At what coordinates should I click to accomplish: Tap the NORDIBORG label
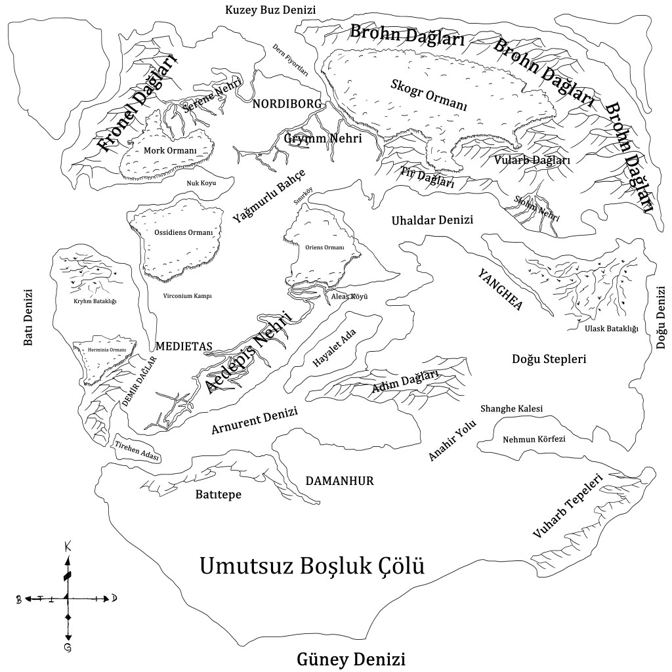[287, 104]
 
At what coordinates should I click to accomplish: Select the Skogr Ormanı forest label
[429, 94]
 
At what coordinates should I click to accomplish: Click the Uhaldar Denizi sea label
[432, 220]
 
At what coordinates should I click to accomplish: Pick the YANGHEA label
[499, 289]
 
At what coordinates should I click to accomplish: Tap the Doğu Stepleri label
[549, 359]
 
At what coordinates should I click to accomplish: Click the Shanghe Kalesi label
[512, 409]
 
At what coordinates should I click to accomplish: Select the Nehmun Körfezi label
[534, 439]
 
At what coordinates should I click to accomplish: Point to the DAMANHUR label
[340, 481]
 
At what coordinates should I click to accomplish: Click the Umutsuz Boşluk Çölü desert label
[311, 565]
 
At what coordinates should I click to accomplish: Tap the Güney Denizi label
[351, 658]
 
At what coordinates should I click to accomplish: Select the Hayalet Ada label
[334, 348]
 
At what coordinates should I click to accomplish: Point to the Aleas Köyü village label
[349, 297]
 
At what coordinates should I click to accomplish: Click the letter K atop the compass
[68, 546]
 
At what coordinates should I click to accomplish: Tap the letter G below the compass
[68, 648]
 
